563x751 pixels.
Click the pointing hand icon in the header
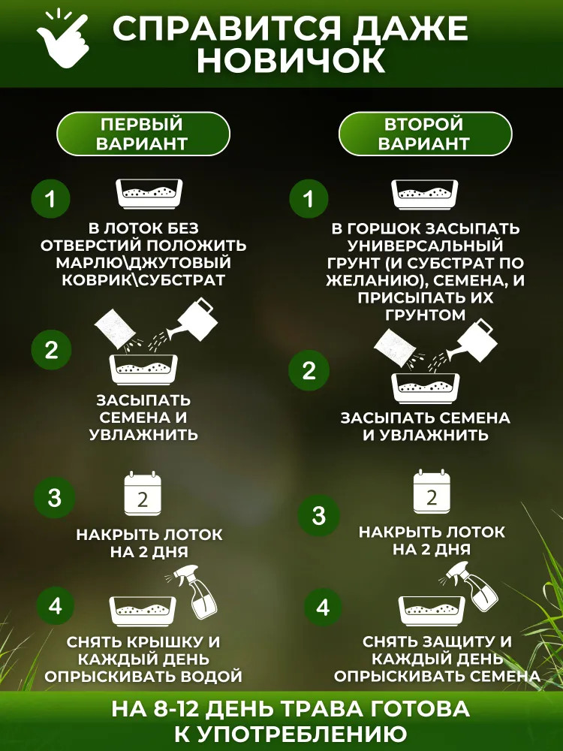[62, 38]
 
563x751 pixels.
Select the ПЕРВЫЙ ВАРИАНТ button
[143, 134]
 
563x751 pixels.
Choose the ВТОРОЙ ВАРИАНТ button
[425, 134]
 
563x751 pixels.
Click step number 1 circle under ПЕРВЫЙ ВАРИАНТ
[51, 198]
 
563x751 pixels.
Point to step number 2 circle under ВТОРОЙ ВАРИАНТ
[309, 370]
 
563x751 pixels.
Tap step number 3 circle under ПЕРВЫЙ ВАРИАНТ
[55, 497]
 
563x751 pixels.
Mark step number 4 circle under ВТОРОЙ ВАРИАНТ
[323, 608]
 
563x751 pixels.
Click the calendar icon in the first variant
[142, 493]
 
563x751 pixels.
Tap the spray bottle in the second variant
[471, 587]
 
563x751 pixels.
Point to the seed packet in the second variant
[395, 347]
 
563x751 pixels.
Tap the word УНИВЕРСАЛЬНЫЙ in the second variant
[425, 246]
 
